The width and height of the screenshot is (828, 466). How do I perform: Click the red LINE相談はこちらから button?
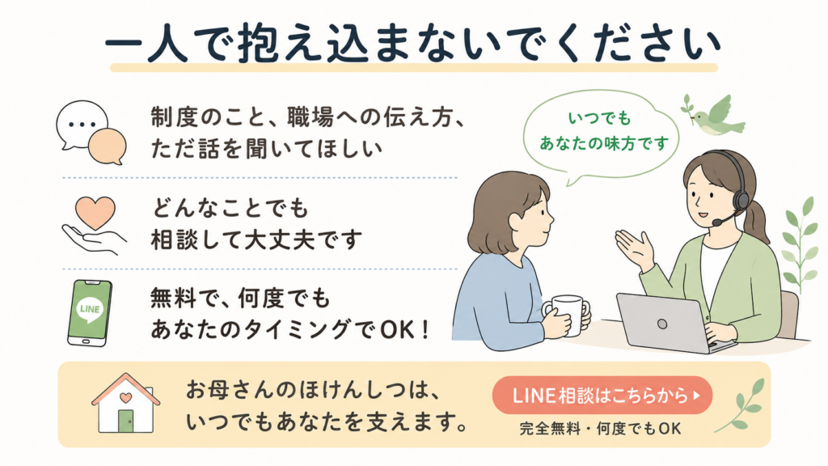(602, 395)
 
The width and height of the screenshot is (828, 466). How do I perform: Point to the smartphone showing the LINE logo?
(89, 313)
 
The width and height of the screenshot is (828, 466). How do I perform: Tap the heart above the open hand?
(95, 213)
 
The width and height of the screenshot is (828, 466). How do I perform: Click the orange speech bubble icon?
(108, 146)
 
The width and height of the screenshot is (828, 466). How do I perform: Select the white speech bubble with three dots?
(82, 125)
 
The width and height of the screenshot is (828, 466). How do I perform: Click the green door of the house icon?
(125, 421)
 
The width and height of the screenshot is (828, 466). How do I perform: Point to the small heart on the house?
(125, 396)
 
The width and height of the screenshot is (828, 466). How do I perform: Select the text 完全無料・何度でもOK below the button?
(601, 429)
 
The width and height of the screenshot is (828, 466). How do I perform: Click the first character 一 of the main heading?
(125, 46)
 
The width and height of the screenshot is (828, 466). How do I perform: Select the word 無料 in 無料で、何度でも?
(174, 299)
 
